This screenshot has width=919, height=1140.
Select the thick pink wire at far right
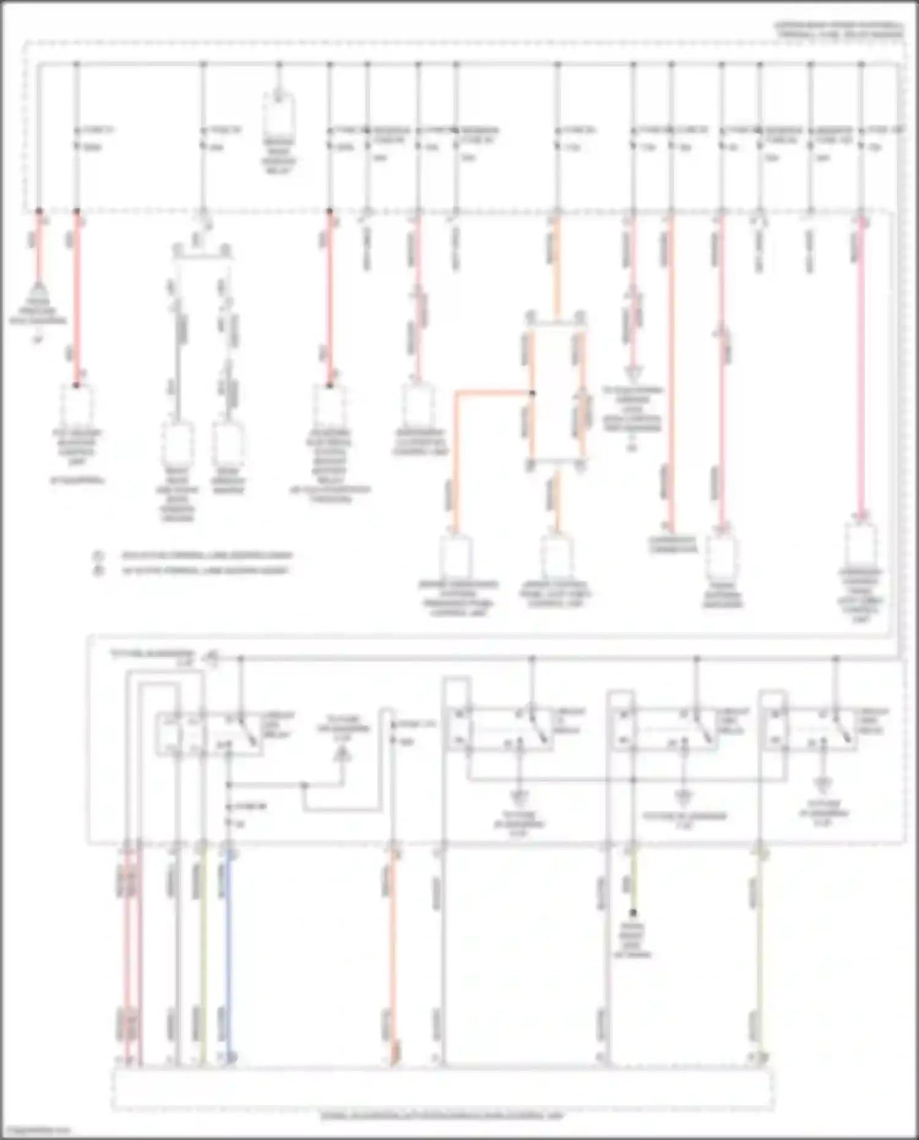[862, 368]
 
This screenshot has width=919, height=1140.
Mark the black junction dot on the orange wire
[532, 393]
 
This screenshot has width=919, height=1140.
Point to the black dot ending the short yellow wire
[633, 913]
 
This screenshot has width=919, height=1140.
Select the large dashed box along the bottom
[441, 1088]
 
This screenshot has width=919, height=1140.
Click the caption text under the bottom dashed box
[441, 1117]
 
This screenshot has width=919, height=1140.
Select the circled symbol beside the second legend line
[97, 571]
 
